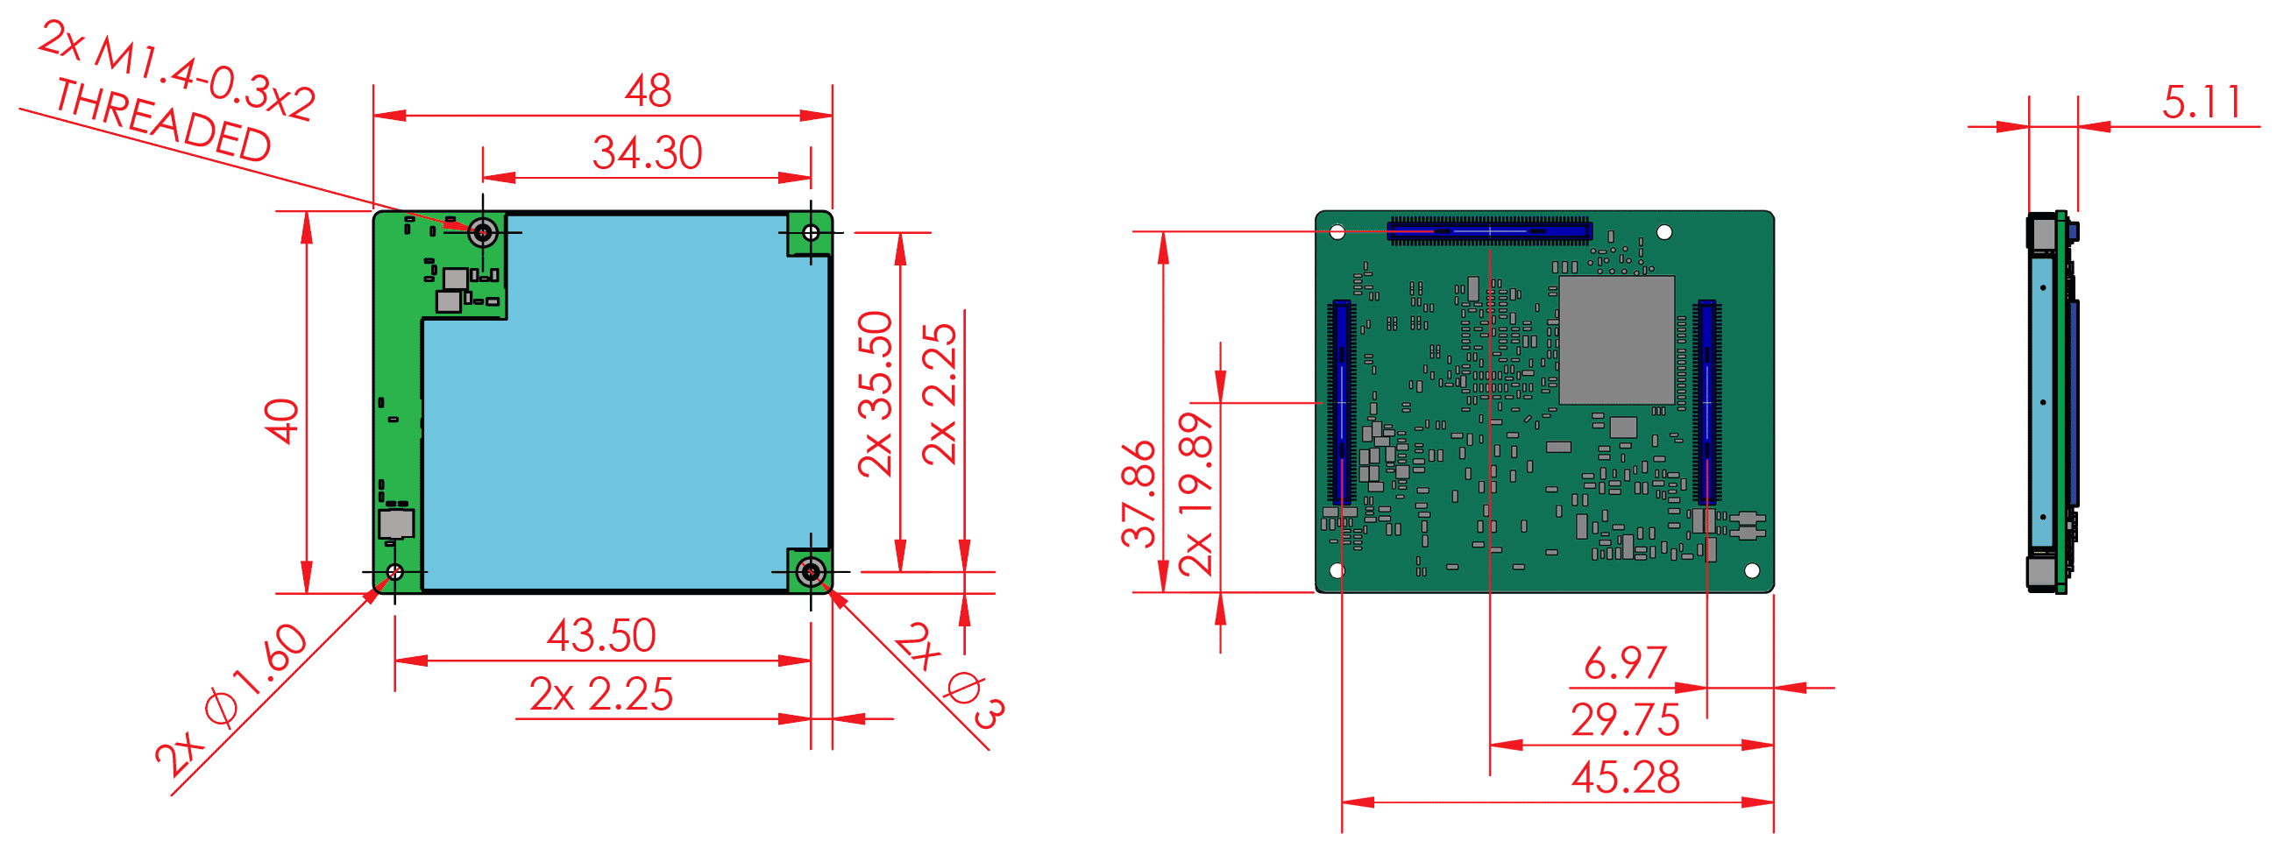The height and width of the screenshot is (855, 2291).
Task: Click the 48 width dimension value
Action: pyautogui.click(x=648, y=90)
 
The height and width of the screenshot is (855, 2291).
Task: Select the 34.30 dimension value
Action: pyautogui.click(x=648, y=153)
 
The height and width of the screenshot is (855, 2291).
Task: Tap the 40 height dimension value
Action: pyautogui.click(x=282, y=421)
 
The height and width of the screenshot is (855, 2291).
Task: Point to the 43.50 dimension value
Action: pyautogui.click(x=601, y=636)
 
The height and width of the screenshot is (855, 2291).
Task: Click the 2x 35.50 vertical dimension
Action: pyautogui.click(x=876, y=394)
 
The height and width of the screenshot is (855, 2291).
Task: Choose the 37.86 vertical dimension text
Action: pyautogui.click(x=1138, y=494)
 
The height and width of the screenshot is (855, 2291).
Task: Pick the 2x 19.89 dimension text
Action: pyautogui.click(x=1195, y=494)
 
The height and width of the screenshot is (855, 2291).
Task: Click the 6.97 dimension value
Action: pyautogui.click(x=1625, y=664)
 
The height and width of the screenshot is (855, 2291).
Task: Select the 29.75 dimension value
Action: pyautogui.click(x=1625, y=721)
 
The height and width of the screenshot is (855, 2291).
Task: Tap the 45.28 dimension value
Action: pyautogui.click(x=1625, y=778)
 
